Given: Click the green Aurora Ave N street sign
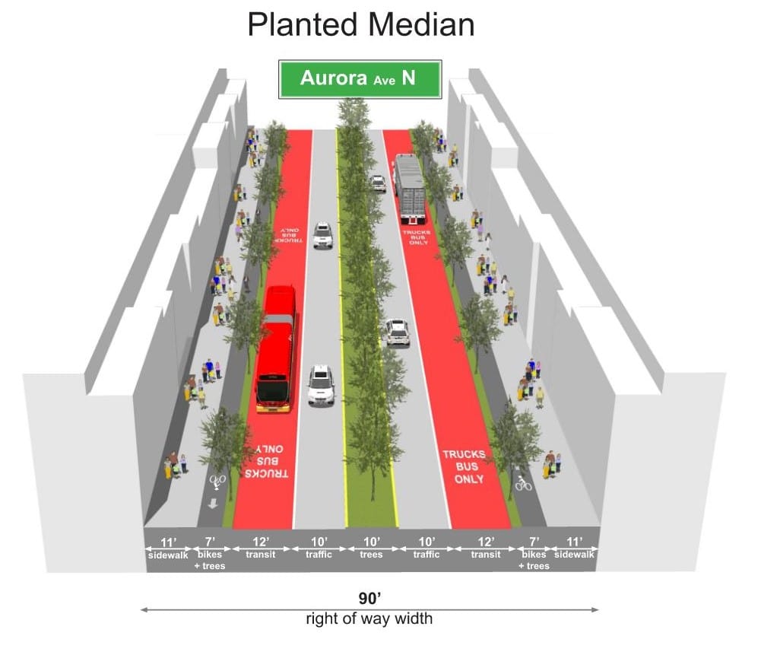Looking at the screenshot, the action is tap(360, 78).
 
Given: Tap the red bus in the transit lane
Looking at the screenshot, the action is tap(276, 348).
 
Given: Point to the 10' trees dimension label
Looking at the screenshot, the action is tap(372, 548).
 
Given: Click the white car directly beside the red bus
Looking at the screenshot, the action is tap(321, 385).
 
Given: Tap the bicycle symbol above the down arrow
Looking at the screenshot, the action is tap(217, 481).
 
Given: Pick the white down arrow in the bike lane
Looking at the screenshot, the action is tap(214, 503).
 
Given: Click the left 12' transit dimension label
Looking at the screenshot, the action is tap(261, 548).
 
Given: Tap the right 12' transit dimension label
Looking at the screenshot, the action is tap(485, 548).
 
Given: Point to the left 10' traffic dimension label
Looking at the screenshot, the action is tap(319, 548).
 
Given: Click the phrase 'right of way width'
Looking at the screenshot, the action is tap(369, 619).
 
